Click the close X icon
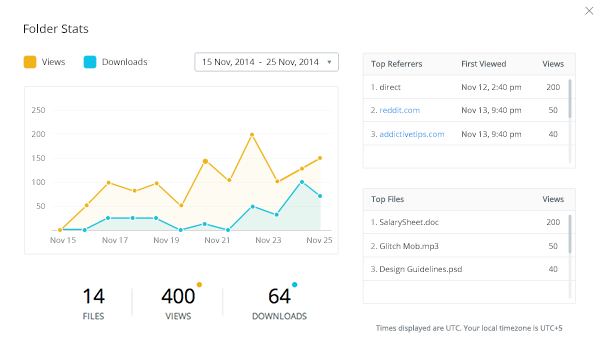586,11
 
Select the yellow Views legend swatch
31,62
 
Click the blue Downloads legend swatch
90,62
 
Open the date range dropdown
266,62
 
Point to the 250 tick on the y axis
39,110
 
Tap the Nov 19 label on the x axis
166,240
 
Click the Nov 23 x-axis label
269,240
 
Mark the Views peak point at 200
252,134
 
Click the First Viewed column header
484,63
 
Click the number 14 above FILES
93,296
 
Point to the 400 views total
177,296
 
